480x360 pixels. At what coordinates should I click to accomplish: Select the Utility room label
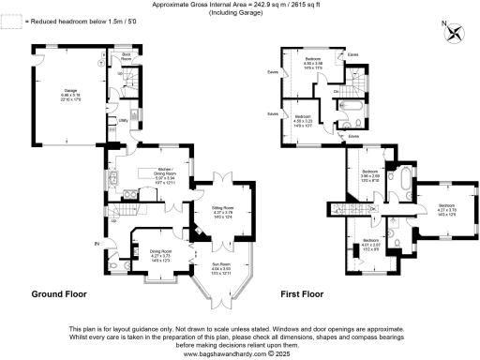[123, 121]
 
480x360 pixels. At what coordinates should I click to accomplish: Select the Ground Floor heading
[59, 293]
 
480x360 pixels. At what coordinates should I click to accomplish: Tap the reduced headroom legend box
[8, 19]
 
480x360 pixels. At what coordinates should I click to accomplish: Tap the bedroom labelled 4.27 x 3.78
[446, 207]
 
